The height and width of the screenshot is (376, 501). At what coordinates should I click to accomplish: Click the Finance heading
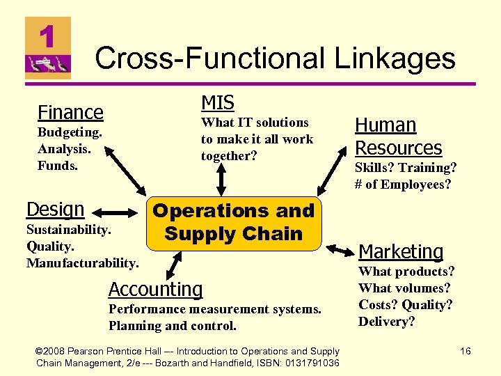coord(70,112)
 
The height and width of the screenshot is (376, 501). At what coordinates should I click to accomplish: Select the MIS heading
coord(218,102)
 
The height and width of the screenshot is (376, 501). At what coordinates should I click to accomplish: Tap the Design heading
coord(55,209)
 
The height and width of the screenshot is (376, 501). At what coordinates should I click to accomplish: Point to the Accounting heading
coord(156,289)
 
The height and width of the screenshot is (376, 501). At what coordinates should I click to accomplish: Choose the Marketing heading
coord(401,251)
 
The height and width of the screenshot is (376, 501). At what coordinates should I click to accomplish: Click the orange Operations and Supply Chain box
coord(234,222)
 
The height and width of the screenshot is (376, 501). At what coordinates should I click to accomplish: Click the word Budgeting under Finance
coord(70,132)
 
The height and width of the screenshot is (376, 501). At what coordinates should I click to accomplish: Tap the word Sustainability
coord(68,230)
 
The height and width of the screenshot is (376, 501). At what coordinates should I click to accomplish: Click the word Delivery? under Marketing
coord(386,322)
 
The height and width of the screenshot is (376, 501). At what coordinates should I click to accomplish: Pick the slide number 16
coord(465,352)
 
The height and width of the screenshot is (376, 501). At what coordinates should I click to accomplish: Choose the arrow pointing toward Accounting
coord(172,265)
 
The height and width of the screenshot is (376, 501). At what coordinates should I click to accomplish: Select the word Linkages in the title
coord(395,58)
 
